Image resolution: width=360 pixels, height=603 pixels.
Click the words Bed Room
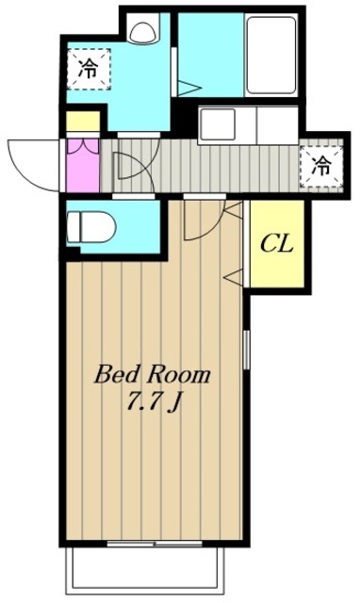click(x=153, y=375)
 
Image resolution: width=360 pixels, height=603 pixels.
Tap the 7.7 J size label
click(x=154, y=402)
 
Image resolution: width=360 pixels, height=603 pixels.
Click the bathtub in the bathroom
click(x=270, y=55)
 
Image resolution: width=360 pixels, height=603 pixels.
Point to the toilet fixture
click(x=91, y=227)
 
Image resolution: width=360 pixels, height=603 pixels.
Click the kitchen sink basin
click(x=218, y=124)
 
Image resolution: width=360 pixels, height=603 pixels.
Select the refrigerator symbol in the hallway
click(x=321, y=167)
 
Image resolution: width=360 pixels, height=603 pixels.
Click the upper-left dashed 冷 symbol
click(x=89, y=69)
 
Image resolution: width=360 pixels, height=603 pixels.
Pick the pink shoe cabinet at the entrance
click(x=83, y=165)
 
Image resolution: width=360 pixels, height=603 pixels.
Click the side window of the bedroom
click(x=247, y=349)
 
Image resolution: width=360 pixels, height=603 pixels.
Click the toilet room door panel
click(x=134, y=196)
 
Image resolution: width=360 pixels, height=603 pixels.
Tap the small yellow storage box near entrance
click(x=83, y=122)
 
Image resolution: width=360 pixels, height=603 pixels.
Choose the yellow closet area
click(x=277, y=243)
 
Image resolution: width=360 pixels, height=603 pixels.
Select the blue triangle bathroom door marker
click(x=188, y=89)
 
